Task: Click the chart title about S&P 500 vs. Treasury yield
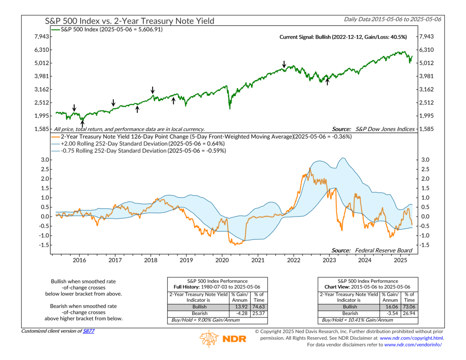129,21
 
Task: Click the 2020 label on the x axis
222,261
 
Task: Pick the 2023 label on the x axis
329,261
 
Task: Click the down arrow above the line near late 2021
284,64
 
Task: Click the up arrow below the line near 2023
327,82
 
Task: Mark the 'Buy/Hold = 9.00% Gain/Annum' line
203,319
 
